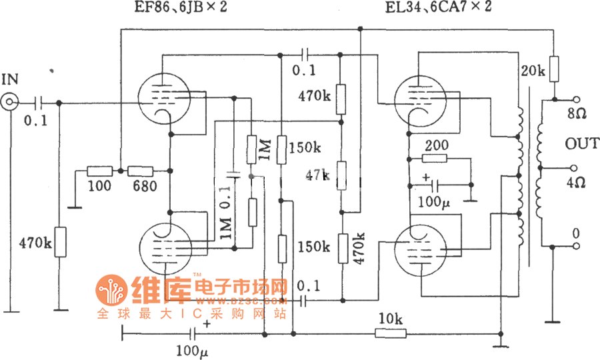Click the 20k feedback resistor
[x=553, y=69]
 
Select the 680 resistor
[x=141, y=171]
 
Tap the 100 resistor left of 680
[x=100, y=171]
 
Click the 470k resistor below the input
[x=60, y=241]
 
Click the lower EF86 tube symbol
[x=167, y=246]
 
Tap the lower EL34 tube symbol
[x=419, y=248]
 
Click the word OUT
[x=577, y=144]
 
